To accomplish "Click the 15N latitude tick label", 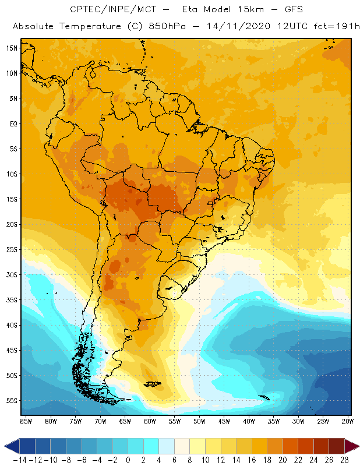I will coord(11,48).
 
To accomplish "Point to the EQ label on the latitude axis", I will coord(13,123).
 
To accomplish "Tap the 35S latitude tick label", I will coord(12,300).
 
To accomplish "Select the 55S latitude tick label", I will coord(12,401).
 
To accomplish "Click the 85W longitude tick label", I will coord(26,421).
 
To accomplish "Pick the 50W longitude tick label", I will coord(200,421).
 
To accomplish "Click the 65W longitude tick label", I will coord(125,421).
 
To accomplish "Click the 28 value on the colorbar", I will coord(344,460).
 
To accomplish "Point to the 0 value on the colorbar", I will coord(128,460).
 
